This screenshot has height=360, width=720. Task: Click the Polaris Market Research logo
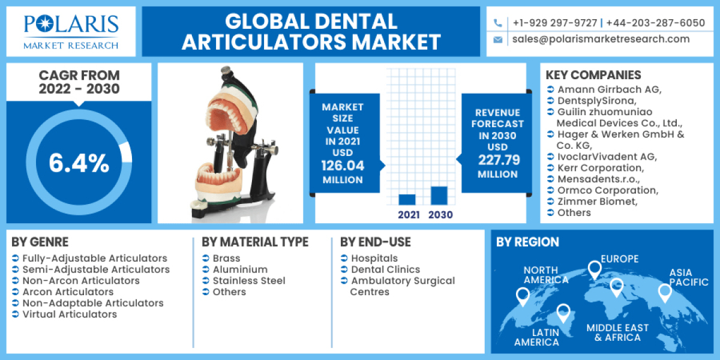tap(71, 31)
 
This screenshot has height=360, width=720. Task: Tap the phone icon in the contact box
tap(497, 23)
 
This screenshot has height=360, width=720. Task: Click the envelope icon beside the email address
tap(497, 40)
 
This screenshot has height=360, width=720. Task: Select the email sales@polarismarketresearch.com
tap(601, 39)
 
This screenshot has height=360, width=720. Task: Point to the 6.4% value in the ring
tap(79, 163)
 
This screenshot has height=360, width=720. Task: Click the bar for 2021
tap(407, 199)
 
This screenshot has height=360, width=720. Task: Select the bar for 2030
tap(439, 196)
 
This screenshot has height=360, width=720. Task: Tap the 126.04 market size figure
tap(343, 166)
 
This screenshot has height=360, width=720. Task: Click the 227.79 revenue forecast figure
tap(497, 160)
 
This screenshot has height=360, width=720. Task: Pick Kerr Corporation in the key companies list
tap(600, 168)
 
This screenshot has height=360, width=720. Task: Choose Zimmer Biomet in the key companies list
tap(596, 202)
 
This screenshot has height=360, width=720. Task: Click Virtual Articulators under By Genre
tap(70, 314)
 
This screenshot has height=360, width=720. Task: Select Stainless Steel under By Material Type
tap(249, 281)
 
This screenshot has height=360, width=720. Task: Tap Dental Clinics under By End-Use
tap(385, 269)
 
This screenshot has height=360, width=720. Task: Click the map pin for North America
tap(523, 295)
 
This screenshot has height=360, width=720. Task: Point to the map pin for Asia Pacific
tap(664, 292)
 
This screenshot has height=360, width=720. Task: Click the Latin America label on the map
tap(536, 337)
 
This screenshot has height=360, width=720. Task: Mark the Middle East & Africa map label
tap(617, 332)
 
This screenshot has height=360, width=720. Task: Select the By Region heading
tap(527, 242)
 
